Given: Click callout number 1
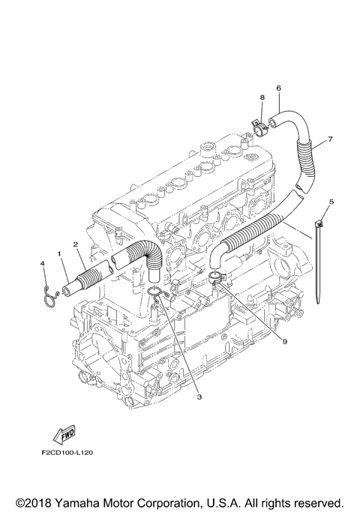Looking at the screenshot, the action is [59, 253].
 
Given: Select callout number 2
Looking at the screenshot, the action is [76, 244].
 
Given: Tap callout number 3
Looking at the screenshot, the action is [199, 397].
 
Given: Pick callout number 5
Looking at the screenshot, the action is [331, 202].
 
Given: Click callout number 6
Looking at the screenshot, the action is [278, 88].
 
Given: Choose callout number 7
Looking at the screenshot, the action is [330, 139].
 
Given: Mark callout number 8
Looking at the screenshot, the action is [262, 97].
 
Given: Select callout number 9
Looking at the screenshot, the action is [285, 341].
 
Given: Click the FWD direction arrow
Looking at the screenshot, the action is [64, 435].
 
